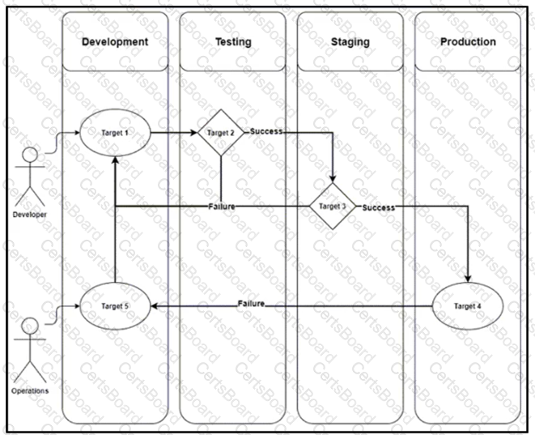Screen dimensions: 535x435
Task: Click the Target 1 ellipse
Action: tap(115, 133)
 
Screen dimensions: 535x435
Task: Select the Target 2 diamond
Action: tap(221, 133)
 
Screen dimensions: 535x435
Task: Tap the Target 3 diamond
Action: tap(333, 207)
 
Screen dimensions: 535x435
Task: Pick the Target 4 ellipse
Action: tap(468, 306)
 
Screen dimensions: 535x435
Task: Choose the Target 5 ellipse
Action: tap(115, 306)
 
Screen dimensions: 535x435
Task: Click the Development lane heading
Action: tap(115, 41)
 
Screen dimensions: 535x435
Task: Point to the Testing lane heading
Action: tap(233, 41)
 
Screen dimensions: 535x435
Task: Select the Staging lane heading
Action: tap(350, 41)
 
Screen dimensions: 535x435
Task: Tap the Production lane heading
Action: tap(468, 41)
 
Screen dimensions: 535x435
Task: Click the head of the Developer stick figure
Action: tap(30, 155)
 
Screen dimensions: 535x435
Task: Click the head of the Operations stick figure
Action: tap(30, 326)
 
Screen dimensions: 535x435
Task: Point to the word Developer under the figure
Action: tap(30, 215)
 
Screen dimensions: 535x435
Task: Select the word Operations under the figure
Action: tap(30, 391)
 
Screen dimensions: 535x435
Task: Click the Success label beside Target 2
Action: tap(266, 131)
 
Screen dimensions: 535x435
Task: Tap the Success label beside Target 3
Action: tap(379, 207)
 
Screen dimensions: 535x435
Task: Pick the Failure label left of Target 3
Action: tap(222, 207)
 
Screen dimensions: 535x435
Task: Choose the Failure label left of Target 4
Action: tap(251, 304)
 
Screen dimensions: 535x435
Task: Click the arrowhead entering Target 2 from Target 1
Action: tap(193, 133)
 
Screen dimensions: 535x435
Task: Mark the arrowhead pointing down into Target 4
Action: tap(468, 279)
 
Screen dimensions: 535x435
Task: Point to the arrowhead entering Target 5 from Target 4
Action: tap(155, 306)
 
